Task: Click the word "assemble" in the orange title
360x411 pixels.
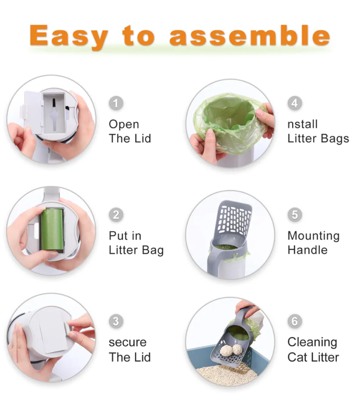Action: point(249,35)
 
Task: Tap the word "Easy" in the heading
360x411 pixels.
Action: point(69,36)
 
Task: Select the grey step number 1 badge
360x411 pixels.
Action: point(116,103)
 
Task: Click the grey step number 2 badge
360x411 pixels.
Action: point(116,215)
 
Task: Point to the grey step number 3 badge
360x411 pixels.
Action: point(116,322)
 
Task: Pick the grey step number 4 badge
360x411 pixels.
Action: point(295,103)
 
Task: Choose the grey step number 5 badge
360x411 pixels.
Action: point(295,215)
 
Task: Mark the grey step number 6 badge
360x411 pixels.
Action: point(295,322)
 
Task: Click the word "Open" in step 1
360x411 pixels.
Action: point(124,124)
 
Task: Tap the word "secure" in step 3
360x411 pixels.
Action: point(128,342)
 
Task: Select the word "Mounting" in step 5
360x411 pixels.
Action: point(314,236)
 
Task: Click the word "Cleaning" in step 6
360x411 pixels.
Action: point(312,342)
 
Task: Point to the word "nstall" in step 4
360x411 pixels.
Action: point(302,124)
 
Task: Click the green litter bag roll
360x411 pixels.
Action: point(52,230)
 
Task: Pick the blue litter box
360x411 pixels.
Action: point(228,359)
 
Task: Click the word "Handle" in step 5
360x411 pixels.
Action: point(308,250)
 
